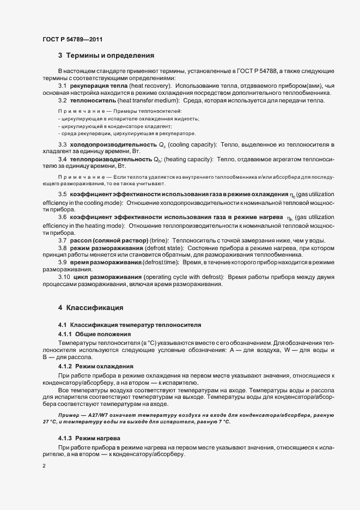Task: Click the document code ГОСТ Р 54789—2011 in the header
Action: (x=72, y=39)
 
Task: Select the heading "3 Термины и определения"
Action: (x=106, y=56)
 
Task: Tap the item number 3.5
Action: (x=62, y=195)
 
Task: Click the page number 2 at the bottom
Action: (x=44, y=466)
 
